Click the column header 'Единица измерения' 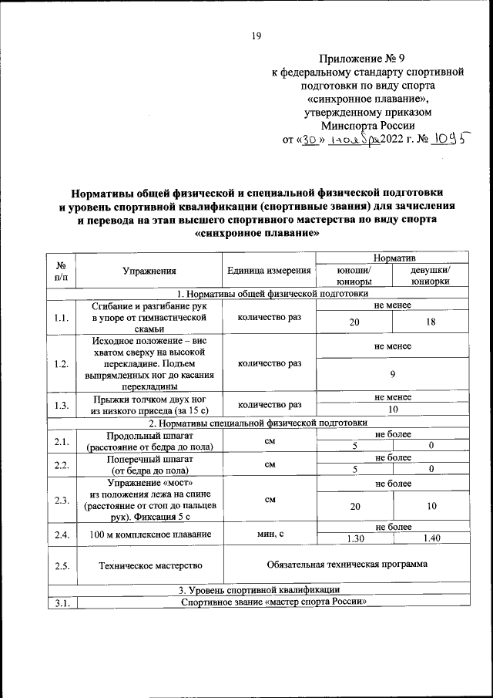click(x=269, y=271)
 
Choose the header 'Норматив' click(x=394, y=256)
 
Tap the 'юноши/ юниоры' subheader click(x=354, y=276)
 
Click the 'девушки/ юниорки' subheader click(x=431, y=276)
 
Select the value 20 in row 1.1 click(x=354, y=322)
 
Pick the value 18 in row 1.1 click(x=431, y=322)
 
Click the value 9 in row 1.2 click(x=393, y=374)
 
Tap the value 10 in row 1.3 click(x=393, y=410)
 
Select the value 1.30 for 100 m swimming click(x=354, y=538)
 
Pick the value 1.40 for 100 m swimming click(x=431, y=538)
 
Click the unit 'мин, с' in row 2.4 click(x=269, y=532)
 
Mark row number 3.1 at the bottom click(x=62, y=602)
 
